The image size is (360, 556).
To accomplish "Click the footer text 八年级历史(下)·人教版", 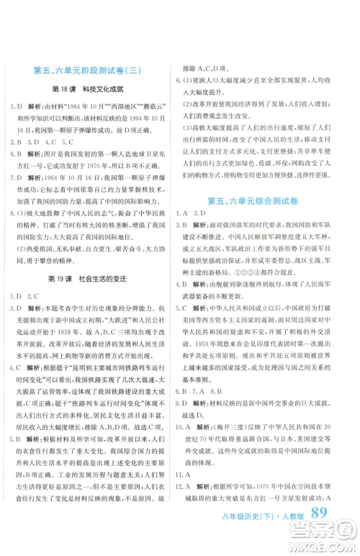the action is (x=271, y=537).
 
